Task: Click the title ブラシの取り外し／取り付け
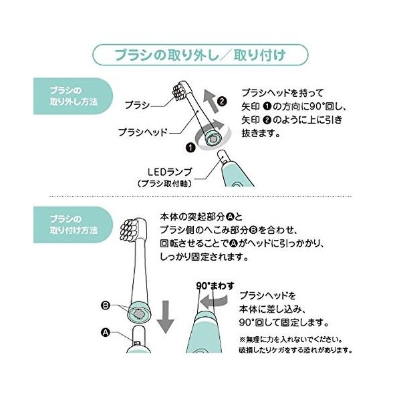(200, 55)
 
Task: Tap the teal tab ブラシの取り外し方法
(73, 96)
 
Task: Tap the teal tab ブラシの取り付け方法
(73, 225)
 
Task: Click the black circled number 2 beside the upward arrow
(222, 102)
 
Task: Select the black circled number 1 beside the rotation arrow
(190, 148)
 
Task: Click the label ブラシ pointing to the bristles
(137, 105)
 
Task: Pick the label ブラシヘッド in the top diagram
(143, 132)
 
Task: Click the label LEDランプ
(170, 172)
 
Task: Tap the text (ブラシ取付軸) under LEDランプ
(164, 184)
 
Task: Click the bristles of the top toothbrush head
(178, 92)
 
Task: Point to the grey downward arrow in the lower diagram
(166, 317)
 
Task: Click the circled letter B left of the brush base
(106, 305)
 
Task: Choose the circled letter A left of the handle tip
(106, 332)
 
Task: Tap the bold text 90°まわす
(215, 285)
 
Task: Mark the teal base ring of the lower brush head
(140, 311)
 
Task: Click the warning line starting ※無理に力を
(291, 340)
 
